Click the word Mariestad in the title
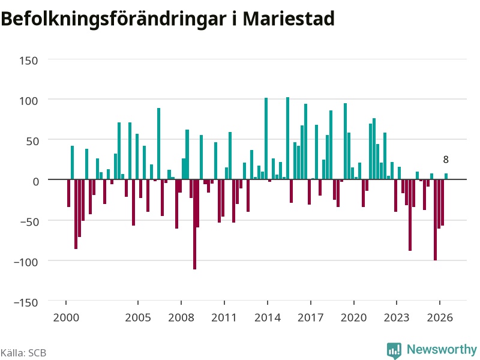pyautogui.click(x=289, y=19)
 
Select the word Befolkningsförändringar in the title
pyautogui.click(x=113, y=19)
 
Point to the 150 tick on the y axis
pyautogui.click(x=28, y=61)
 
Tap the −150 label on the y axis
pyautogui.click(x=26, y=302)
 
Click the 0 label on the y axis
pyautogui.click(x=36, y=182)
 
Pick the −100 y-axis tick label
pyautogui.click(x=26, y=262)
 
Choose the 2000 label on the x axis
pyautogui.click(x=66, y=317)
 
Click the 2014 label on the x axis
pyautogui.click(x=268, y=317)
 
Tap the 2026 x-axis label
pyautogui.click(x=440, y=317)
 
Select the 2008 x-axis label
pyautogui.click(x=181, y=317)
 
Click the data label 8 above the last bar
pyautogui.click(x=446, y=160)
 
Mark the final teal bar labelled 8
pyautogui.click(x=446, y=176)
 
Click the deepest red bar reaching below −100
pyautogui.click(x=194, y=224)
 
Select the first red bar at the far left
pyautogui.click(x=68, y=193)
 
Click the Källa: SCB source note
pyautogui.click(x=23, y=353)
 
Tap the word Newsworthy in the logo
pyautogui.click(x=442, y=349)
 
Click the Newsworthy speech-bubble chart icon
pyautogui.click(x=394, y=350)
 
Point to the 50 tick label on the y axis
pyautogui.click(x=32, y=142)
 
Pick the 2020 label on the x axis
pyautogui.click(x=353, y=317)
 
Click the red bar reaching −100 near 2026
pyautogui.click(x=436, y=220)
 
